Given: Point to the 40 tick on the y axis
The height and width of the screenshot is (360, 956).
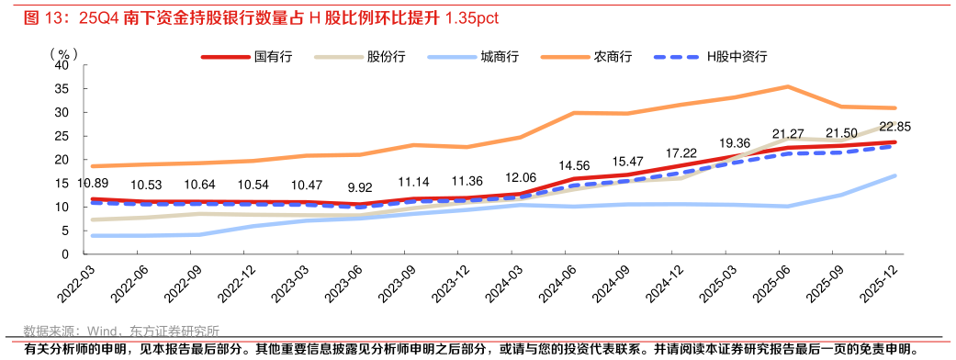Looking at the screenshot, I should (x=62, y=66).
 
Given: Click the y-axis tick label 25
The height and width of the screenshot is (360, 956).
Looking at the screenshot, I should (x=62, y=136).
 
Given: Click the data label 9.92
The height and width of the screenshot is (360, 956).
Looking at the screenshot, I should (x=359, y=186).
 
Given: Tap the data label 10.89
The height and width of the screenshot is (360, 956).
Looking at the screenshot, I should (x=93, y=183).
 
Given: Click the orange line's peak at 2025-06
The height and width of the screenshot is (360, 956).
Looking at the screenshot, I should (x=787, y=87).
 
